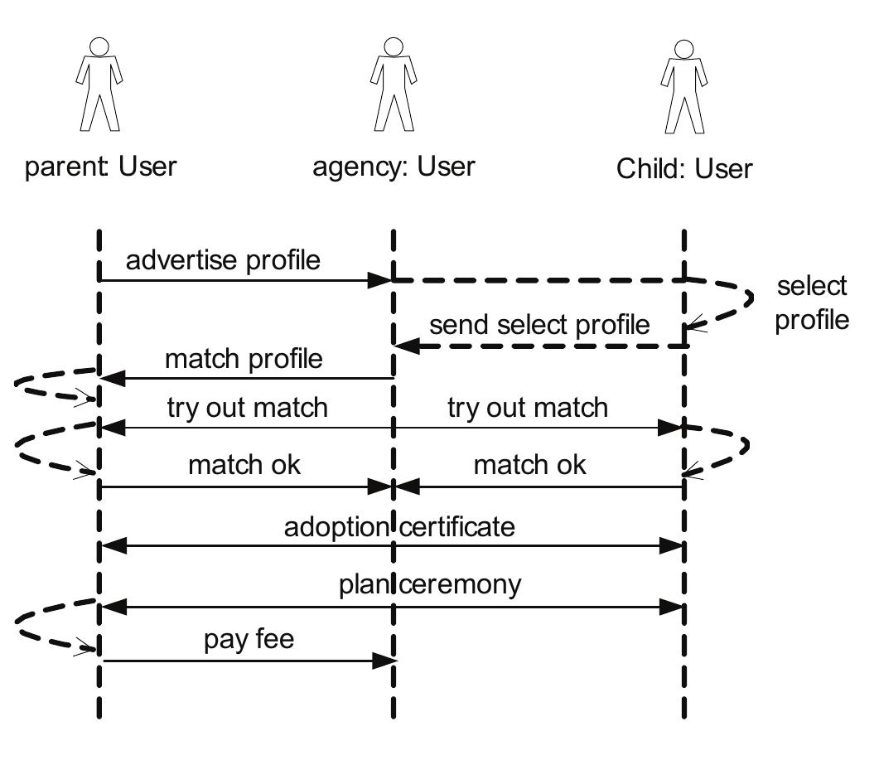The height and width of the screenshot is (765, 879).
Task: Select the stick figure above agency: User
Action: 393,85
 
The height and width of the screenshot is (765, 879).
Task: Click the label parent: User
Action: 100,166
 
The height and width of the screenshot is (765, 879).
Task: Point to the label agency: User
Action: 394,166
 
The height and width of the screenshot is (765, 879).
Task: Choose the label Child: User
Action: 684,169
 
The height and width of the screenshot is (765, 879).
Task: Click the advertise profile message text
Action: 223,260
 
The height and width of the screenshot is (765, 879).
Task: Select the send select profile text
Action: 539,325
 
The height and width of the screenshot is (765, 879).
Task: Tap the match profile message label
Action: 244,360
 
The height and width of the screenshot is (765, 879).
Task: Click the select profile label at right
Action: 812,303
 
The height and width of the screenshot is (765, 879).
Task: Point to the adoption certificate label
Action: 399,527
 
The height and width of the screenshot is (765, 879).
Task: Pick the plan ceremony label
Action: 430,585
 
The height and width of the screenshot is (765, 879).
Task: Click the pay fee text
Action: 249,641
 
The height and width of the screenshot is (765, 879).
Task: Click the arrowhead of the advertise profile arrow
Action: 381,280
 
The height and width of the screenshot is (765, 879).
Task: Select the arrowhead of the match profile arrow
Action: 111,379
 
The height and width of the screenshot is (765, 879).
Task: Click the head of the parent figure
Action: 99,46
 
